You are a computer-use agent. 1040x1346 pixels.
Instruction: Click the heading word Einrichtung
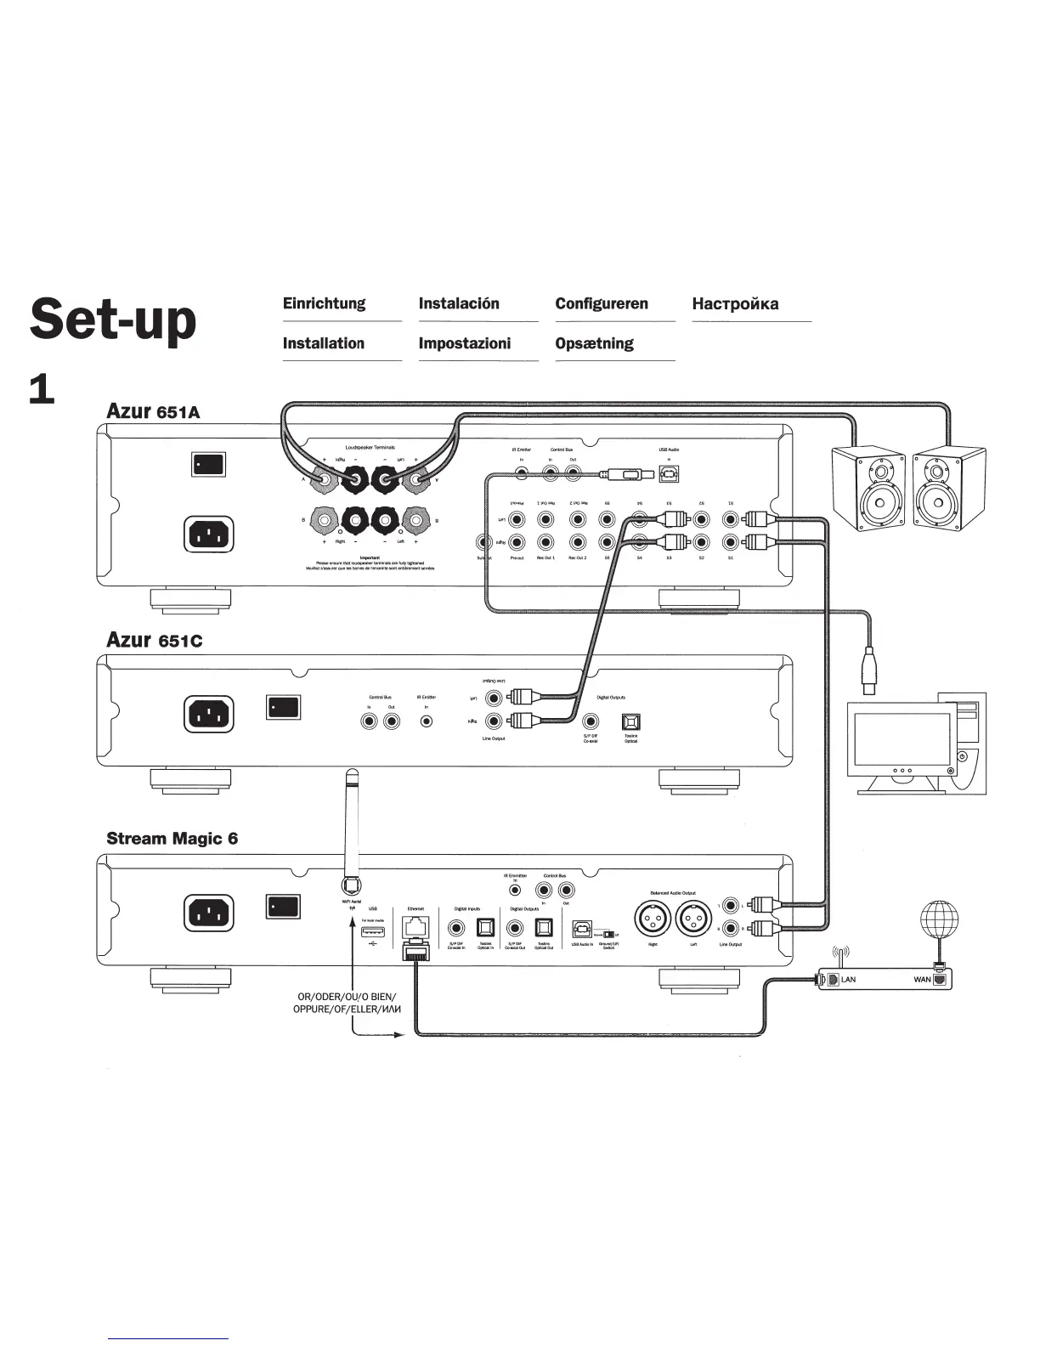click(x=324, y=303)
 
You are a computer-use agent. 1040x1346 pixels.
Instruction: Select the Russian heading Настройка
click(x=735, y=303)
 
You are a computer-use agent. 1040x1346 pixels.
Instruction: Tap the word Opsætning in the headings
click(x=594, y=343)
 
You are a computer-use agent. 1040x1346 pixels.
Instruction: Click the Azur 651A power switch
click(x=208, y=464)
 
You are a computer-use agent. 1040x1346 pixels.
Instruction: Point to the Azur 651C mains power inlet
click(x=208, y=713)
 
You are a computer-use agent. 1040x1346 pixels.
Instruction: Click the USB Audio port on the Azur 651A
click(x=669, y=473)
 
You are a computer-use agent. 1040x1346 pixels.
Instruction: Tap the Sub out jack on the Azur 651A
click(x=484, y=542)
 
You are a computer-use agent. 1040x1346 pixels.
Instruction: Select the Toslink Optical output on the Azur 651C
click(x=630, y=722)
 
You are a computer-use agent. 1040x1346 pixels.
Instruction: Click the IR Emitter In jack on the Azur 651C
click(x=427, y=721)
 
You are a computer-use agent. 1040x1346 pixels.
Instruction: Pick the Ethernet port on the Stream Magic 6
click(x=415, y=927)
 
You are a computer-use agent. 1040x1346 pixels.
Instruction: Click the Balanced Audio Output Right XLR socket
click(x=653, y=919)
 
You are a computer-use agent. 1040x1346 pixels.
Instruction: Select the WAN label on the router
click(x=922, y=980)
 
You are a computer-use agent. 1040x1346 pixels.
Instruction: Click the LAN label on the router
click(x=848, y=980)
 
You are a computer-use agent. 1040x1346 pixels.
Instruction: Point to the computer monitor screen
click(x=902, y=738)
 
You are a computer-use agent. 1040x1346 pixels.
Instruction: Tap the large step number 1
click(x=42, y=390)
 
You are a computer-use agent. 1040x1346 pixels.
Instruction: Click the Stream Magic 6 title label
click(x=172, y=839)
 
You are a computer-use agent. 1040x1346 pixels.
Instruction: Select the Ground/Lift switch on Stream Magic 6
click(x=609, y=936)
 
